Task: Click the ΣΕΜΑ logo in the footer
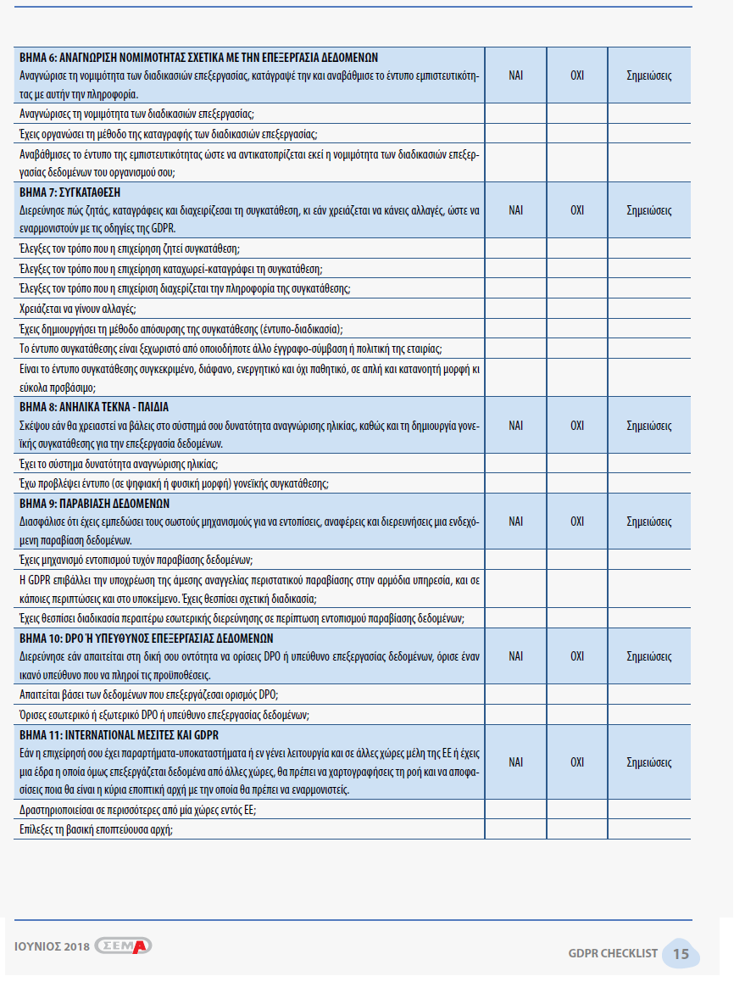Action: (x=124, y=946)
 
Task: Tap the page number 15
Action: (x=681, y=954)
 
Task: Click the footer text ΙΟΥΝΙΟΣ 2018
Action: (x=52, y=946)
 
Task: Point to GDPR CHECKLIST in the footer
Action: (x=613, y=954)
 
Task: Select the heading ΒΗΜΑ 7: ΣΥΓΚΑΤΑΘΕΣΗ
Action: (x=75, y=192)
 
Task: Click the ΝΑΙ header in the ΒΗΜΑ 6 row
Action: (x=515, y=75)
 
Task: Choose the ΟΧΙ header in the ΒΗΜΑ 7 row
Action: (x=577, y=209)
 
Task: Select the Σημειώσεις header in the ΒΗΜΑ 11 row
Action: (x=649, y=762)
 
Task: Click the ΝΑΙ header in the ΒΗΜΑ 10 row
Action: (x=515, y=655)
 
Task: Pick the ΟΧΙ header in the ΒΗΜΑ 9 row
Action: (x=577, y=521)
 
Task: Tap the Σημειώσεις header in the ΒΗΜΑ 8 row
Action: (x=649, y=425)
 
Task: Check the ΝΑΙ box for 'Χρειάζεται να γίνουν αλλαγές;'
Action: (x=515, y=309)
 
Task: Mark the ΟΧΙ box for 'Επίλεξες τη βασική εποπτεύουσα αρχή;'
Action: (x=577, y=830)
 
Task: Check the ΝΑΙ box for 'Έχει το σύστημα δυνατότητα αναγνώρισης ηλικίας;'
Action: (x=515, y=464)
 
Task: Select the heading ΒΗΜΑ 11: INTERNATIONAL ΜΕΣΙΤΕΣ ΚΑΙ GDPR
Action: (x=119, y=734)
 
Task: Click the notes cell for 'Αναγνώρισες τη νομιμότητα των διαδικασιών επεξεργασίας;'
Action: (x=649, y=113)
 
